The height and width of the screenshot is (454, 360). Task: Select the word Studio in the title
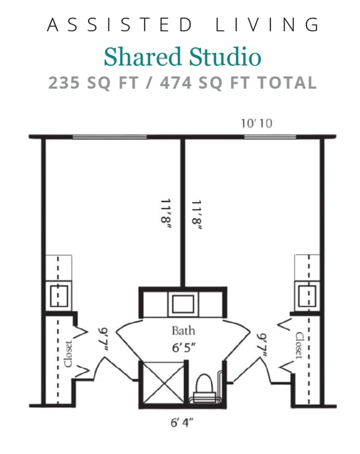click(x=226, y=57)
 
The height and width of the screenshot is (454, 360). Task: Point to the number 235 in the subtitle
click(x=64, y=82)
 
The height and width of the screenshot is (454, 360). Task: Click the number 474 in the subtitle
click(x=181, y=82)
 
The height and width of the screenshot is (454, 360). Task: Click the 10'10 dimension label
click(x=257, y=124)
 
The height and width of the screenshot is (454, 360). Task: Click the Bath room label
click(x=183, y=330)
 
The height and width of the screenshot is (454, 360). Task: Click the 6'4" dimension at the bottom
click(x=182, y=423)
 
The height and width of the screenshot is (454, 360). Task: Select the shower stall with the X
click(x=161, y=382)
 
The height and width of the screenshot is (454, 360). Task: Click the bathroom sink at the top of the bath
click(x=183, y=304)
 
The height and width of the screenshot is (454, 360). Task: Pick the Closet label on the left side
click(x=68, y=354)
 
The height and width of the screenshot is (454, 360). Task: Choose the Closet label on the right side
click(x=297, y=345)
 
